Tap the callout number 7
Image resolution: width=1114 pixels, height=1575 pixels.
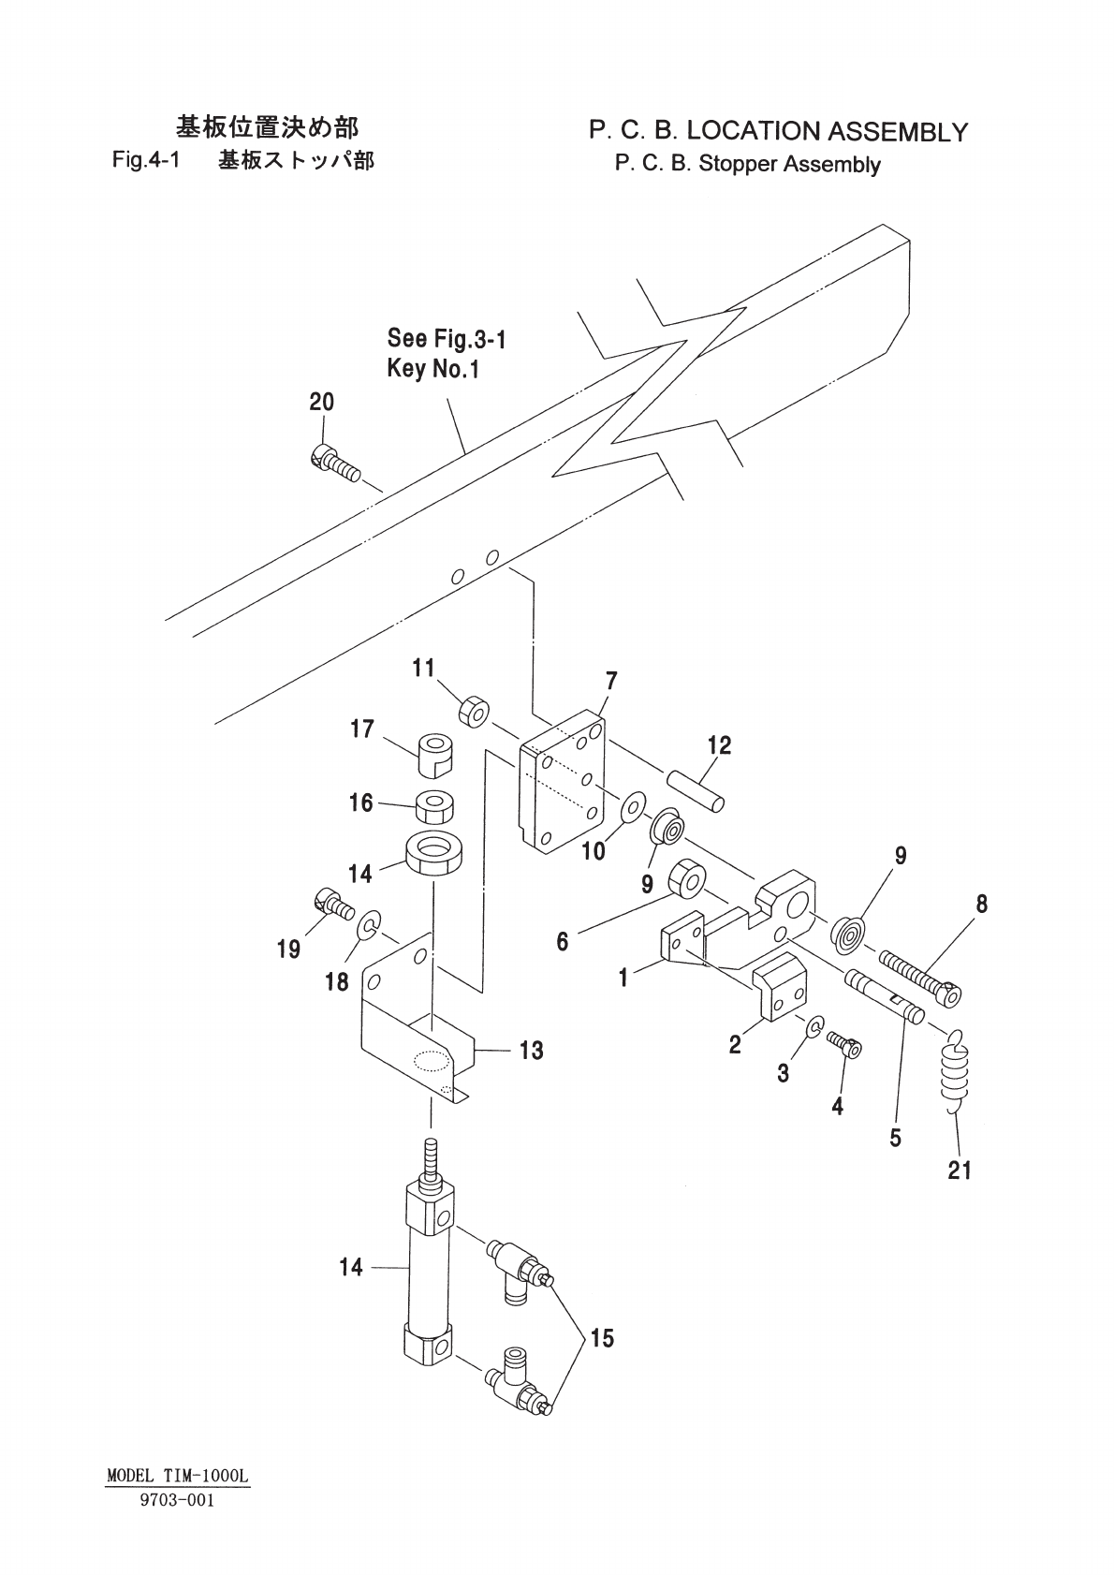pyautogui.click(x=611, y=681)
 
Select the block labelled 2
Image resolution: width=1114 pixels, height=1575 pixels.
pyautogui.click(x=780, y=986)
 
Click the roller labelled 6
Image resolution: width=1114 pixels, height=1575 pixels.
pyautogui.click(x=687, y=878)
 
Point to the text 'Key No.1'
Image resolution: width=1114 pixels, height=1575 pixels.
pyautogui.click(x=432, y=368)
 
